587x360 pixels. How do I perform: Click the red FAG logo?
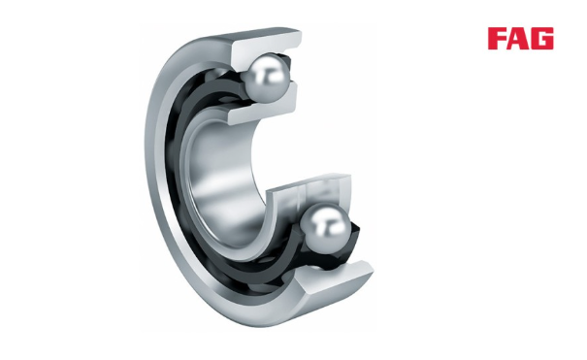[x=520, y=39]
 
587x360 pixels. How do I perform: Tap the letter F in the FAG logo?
[x=497, y=39]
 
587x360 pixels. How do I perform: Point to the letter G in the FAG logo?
[x=542, y=39]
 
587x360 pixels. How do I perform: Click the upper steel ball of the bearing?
[x=267, y=78]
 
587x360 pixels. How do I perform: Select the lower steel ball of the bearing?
[x=326, y=228]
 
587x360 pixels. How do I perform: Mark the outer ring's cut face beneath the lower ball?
[x=333, y=278]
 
